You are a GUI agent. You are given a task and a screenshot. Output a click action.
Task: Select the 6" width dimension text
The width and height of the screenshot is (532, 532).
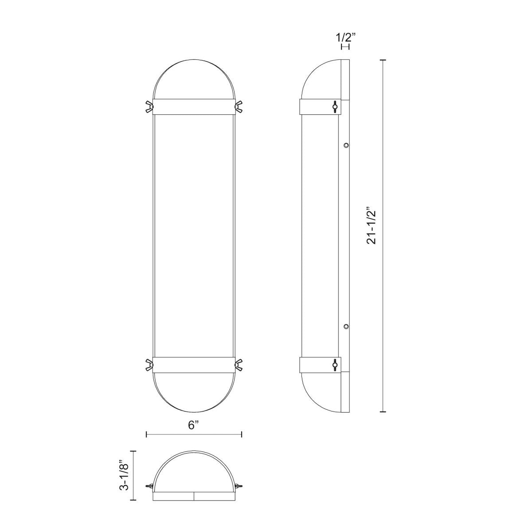tap(193, 425)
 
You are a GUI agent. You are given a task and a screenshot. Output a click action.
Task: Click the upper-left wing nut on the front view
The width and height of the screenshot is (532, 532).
tap(149, 106)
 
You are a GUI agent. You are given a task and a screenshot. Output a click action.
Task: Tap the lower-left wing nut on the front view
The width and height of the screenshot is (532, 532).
tap(149, 364)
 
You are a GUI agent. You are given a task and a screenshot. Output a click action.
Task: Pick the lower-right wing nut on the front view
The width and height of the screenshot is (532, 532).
tap(239, 364)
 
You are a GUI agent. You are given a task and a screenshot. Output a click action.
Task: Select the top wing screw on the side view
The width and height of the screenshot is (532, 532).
tap(335, 106)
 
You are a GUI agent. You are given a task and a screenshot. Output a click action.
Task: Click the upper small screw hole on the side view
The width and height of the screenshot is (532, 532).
tap(346, 145)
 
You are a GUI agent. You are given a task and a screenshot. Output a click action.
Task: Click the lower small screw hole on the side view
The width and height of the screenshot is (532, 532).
tap(346, 327)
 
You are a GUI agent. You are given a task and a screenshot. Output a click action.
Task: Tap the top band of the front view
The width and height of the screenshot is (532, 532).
tap(194, 106)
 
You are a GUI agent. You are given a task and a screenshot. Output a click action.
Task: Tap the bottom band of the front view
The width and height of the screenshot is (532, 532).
tap(194, 364)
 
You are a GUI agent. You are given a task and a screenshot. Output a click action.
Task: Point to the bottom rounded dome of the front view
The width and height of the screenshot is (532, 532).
tap(194, 390)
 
